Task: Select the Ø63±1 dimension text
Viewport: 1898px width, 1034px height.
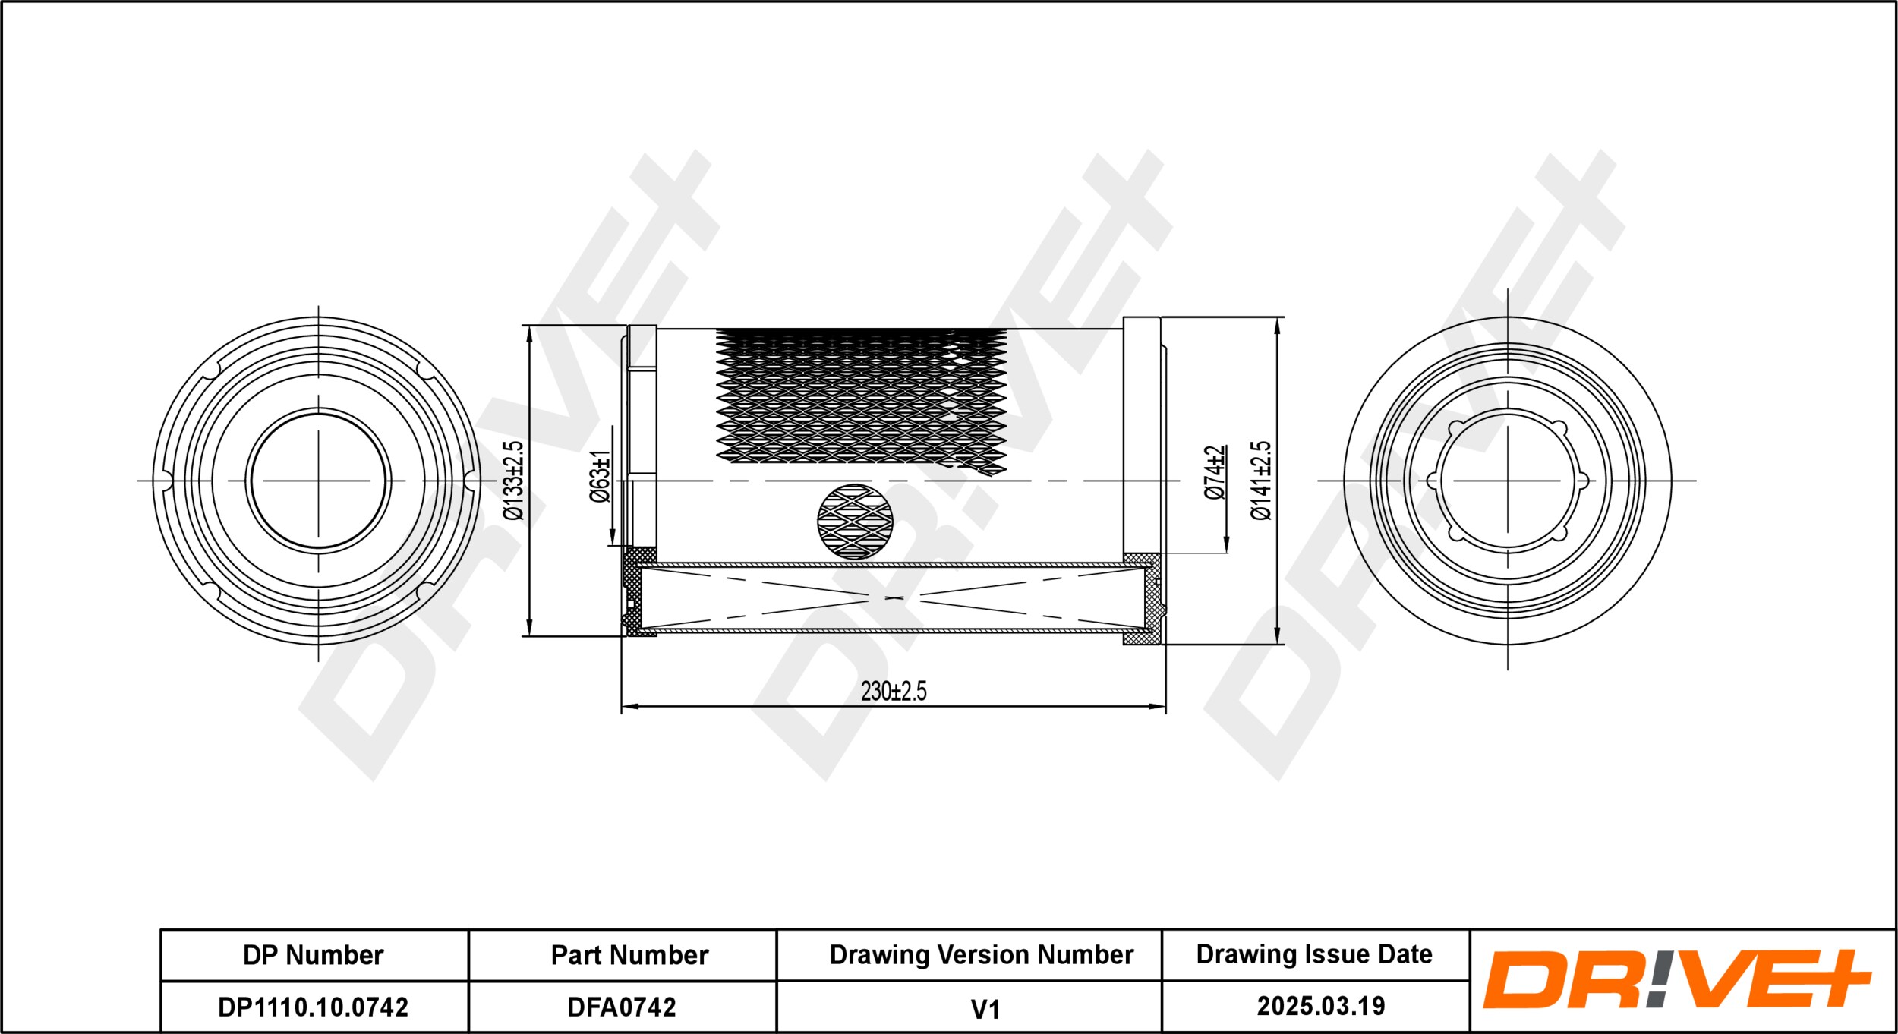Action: click(x=600, y=476)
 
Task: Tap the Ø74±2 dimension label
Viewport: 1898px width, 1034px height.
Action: click(x=1215, y=472)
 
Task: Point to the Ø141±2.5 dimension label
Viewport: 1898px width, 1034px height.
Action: click(x=1260, y=481)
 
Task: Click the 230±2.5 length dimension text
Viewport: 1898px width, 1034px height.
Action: click(x=894, y=692)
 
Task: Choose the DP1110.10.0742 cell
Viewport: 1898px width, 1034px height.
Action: click(x=313, y=1007)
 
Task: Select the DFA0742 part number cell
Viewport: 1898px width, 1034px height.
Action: click(x=622, y=1007)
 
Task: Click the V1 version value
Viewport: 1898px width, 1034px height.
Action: click(x=985, y=1010)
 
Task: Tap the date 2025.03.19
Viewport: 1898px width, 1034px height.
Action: click(x=1321, y=1007)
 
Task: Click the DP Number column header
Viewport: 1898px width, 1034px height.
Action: click(x=313, y=955)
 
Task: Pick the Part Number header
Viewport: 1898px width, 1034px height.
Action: click(x=629, y=955)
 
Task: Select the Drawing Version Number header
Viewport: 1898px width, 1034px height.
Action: click(x=981, y=955)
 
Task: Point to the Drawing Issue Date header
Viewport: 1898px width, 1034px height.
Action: click(x=1314, y=954)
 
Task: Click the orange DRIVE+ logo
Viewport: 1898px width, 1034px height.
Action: click(x=1676, y=979)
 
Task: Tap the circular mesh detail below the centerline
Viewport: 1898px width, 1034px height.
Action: click(x=855, y=522)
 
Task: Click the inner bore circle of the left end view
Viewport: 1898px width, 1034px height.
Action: click(x=318, y=481)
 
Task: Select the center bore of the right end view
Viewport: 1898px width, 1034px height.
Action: click(x=1507, y=481)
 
